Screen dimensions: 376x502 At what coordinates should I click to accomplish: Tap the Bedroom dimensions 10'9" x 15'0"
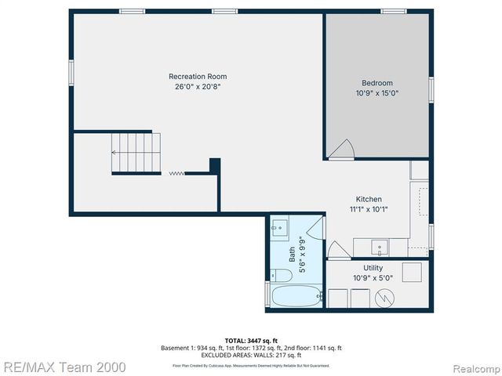coord(376,93)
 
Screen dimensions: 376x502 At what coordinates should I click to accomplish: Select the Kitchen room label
coord(368,199)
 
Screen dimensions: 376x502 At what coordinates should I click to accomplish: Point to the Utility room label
coord(373,268)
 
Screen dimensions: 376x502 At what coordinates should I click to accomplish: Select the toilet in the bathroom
coord(280,275)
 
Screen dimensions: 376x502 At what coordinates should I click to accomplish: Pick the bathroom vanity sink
coord(279,229)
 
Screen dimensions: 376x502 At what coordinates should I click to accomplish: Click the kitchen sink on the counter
coord(380,248)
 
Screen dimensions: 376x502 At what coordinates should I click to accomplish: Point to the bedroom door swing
coord(341,149)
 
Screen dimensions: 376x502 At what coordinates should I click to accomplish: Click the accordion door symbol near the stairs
coord(177,174)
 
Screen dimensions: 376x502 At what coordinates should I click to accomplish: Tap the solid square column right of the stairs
coord(214,166)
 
